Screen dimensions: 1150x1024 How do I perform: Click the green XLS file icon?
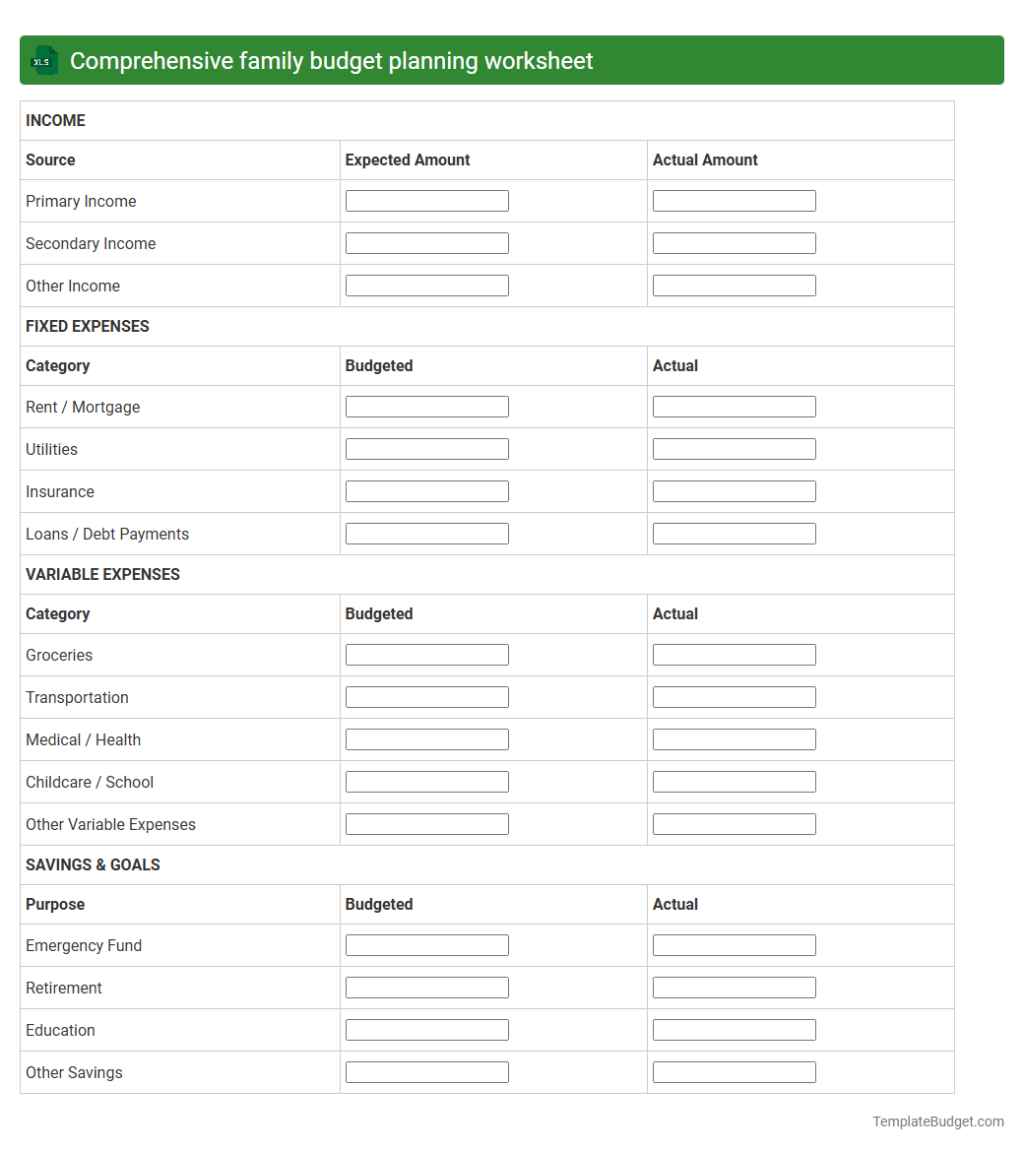(43, 61)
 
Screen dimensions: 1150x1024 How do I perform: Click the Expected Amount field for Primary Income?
(426, 201)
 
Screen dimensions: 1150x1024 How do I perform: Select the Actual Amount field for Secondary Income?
(734, 243)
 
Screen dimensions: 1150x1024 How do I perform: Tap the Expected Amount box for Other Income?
(426, 286)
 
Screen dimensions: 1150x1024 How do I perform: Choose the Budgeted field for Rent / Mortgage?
(426, 407)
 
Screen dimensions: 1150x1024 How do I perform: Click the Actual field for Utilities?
(734, 449)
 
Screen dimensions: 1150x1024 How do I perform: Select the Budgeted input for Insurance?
(426, 491)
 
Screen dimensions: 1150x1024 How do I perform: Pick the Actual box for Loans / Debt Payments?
(734, 534)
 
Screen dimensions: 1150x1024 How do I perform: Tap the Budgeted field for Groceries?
(426, 655)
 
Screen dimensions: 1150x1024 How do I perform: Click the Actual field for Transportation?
(734, 697)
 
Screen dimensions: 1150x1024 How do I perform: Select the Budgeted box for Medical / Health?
(426, 739)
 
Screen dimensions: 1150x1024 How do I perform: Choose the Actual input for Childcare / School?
(734, 782)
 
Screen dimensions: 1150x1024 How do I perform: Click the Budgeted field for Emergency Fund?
(426, 945)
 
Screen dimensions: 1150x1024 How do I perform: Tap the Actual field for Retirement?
(734, 988)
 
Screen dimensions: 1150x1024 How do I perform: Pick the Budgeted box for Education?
(426, 1030)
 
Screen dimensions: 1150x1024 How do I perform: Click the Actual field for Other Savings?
(734, 1072)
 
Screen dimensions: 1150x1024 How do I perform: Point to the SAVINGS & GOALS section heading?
(93, 864)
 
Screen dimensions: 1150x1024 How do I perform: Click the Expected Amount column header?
(408, 160)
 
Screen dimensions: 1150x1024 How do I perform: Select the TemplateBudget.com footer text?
(937, 1121)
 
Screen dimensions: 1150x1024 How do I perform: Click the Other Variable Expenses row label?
(110, 824)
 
